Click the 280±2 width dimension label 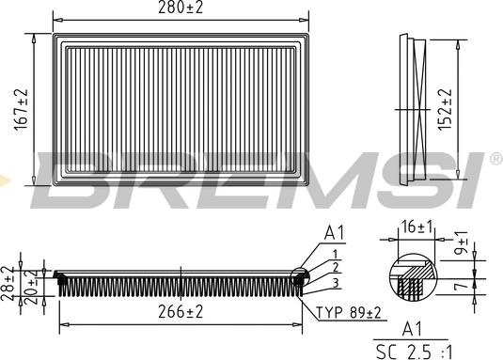coord(181,8)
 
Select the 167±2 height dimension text coord(22,109)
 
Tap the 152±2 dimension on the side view coord(445,109)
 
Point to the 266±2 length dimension coord(181,311)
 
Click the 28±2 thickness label coord(8,283)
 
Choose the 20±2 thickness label coord(31,287)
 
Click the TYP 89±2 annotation coord(349,312)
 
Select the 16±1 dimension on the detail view coord(417,227)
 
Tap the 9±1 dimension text coord(463,243)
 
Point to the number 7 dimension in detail coord(463,285)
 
